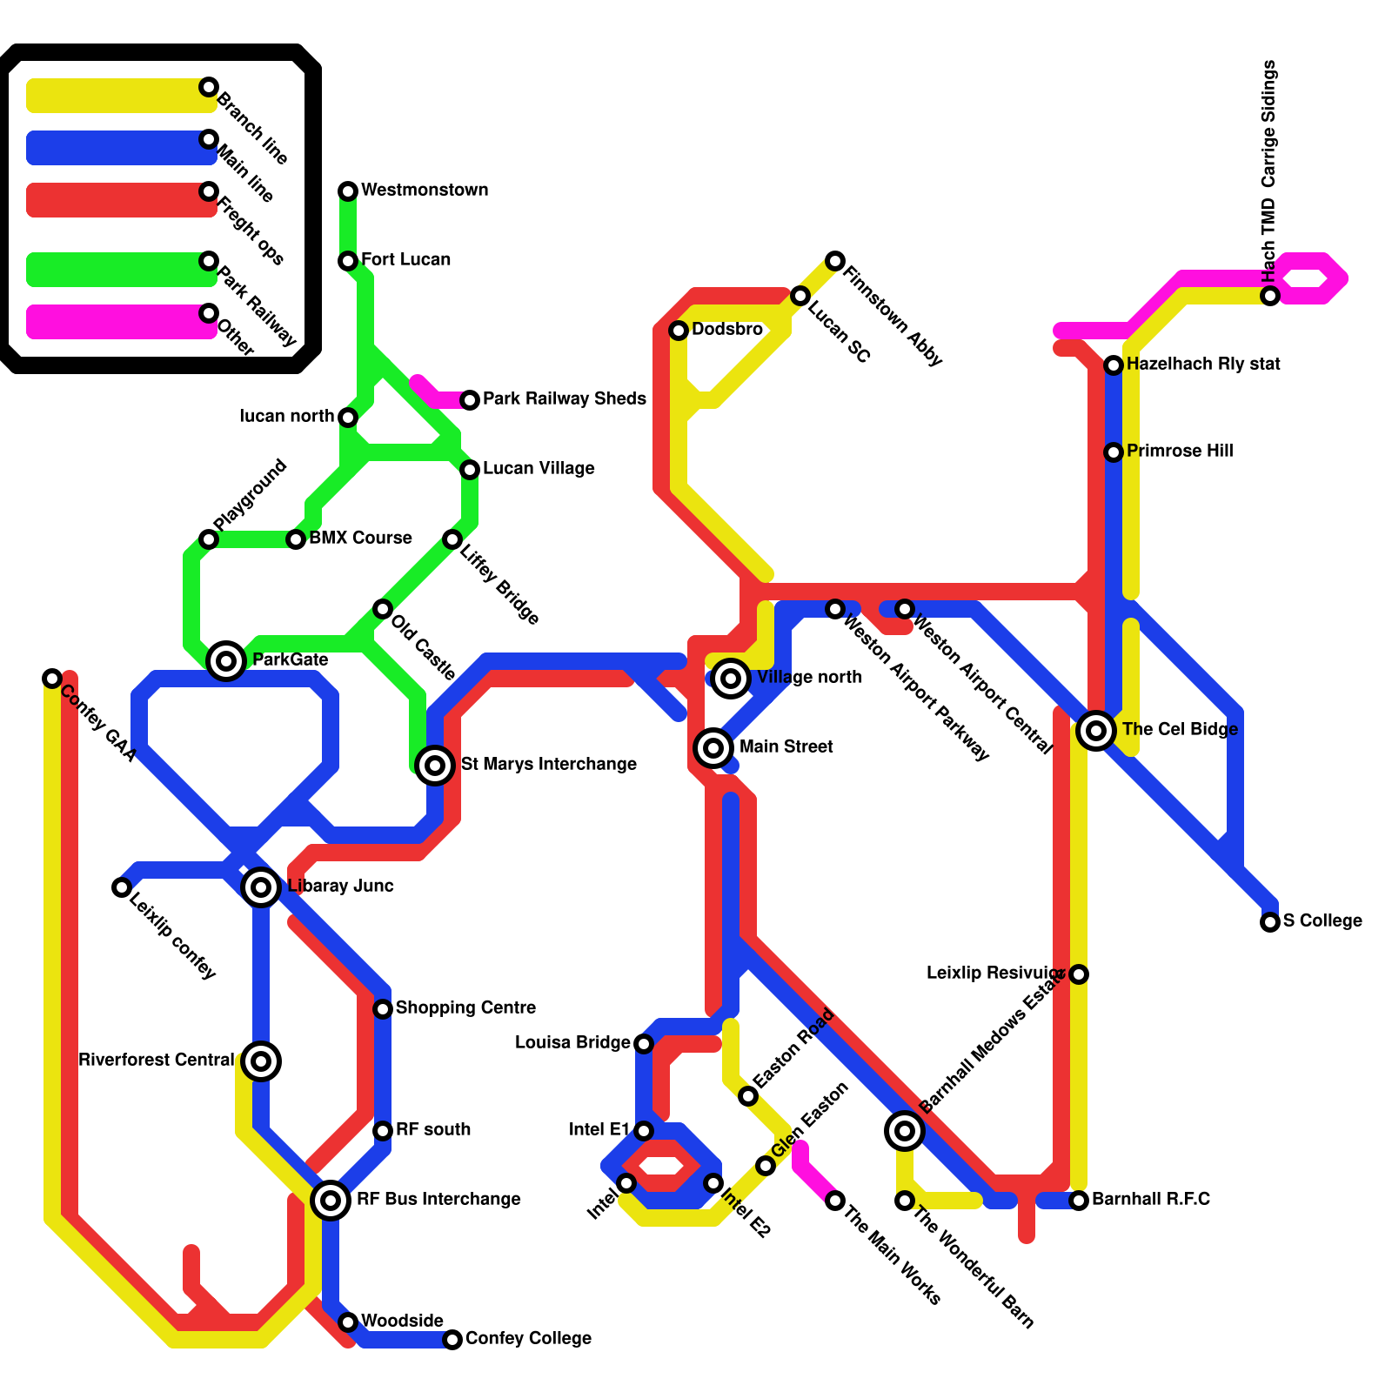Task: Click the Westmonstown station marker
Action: coord(348,191)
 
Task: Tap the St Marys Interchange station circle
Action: coord(435,766)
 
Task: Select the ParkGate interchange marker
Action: coord(226,661)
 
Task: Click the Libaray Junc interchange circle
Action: coord(261,887)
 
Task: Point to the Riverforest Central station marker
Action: coord(261,1061)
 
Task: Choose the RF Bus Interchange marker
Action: coord(331,1201)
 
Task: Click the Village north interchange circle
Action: coord(731,679)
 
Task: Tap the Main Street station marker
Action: coord(713,746)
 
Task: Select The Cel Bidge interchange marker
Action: coord(1096,731)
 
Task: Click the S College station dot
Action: coord(1270,922)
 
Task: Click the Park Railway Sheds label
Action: coord(564,399)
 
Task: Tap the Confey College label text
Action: coord(528,1339)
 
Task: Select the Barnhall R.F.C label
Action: coord(1150,1200)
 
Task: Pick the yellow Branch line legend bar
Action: coord(117,96)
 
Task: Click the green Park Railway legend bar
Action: coord(117,270)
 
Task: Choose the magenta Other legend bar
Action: coord(117,322)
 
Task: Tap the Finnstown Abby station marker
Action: coord(835,261)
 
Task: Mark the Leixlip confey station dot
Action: coord(122,887)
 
